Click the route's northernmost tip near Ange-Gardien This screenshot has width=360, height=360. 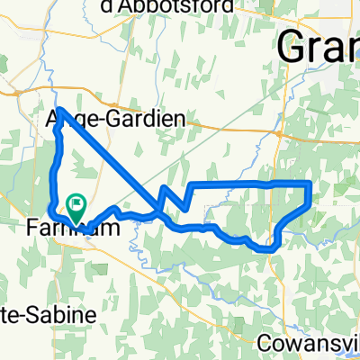[58, 109]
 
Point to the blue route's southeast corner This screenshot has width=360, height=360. [273, 248]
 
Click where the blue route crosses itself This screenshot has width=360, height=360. [159, 212]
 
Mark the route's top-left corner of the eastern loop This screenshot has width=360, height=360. [192, 185]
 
